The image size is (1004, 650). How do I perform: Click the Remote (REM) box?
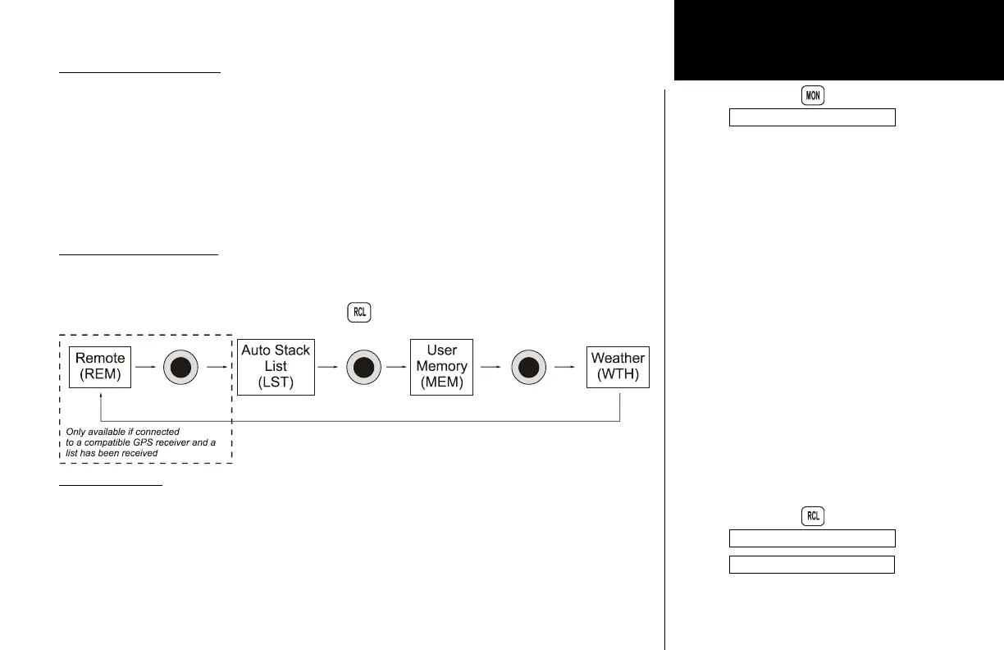[100, 367]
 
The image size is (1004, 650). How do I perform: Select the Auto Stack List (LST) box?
[276, 367]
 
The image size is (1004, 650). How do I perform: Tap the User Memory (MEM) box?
[441, 367]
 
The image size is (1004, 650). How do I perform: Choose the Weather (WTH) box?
[618, 367]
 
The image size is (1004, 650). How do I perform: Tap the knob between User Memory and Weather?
[529, 367]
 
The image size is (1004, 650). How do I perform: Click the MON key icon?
[812, 96]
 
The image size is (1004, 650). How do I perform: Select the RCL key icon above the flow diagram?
[358, 313]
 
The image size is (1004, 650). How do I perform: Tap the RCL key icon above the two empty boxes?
[812, 516]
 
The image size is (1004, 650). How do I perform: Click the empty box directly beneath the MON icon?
[812, 117]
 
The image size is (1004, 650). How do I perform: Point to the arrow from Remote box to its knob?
[146, 367]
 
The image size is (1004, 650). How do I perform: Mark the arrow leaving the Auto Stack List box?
[328, 367]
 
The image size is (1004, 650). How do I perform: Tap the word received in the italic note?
[139, 453]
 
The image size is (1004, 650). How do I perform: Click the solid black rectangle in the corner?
[837, 39]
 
